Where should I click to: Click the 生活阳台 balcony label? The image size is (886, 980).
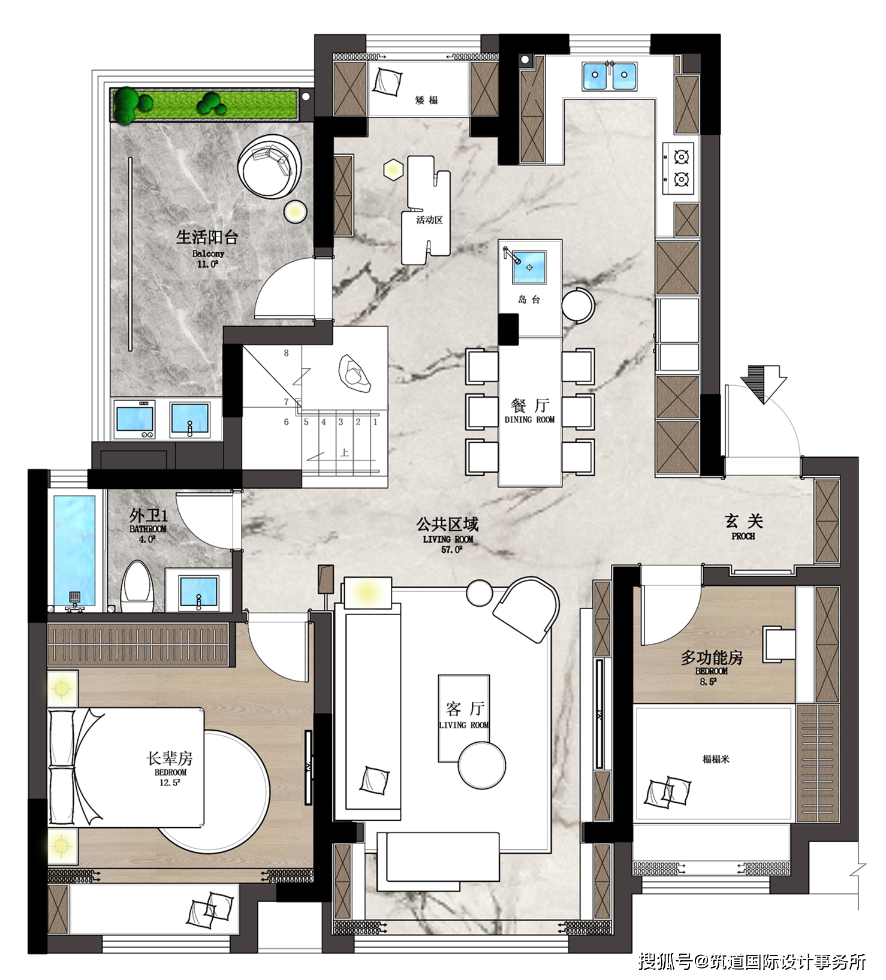pos(207,237)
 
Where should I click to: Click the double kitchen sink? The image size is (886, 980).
pos(609,75)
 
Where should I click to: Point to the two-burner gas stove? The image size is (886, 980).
pos(681,168)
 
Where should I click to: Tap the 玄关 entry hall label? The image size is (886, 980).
pos(743,521)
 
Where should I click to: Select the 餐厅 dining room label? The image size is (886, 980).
pos(530,406)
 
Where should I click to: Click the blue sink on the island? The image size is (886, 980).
pos(529,267)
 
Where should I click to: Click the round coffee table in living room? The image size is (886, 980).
pos(481,765)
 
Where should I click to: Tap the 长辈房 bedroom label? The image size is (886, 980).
pos(170,758)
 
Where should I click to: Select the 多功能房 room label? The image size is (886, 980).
pos(712,658)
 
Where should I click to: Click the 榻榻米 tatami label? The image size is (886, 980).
pos(716,759)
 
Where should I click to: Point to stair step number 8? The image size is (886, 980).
pos(287,353)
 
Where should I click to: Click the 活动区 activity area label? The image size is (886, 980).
pos(429,220)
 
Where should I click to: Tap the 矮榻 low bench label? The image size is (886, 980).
pos(426,100)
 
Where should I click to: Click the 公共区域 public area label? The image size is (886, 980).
pos(447,525)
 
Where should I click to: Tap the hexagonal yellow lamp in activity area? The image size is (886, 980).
pos(393,170)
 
